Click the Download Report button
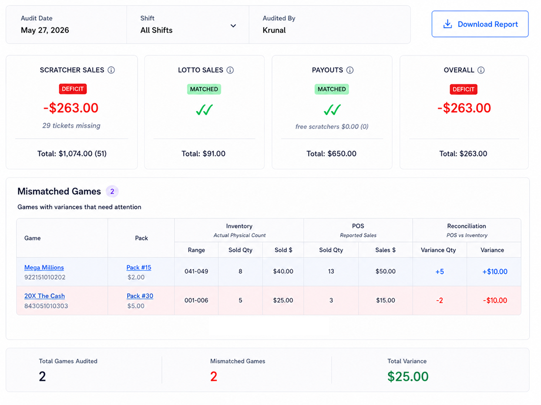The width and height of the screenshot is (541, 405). point(480,24)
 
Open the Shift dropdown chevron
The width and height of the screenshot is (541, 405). point(233,26)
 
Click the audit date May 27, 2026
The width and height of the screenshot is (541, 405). point(45,30)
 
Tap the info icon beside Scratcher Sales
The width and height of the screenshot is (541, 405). point(111,70)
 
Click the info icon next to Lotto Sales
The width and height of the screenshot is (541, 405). point(230,70)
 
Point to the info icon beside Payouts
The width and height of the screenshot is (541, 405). point(350,70)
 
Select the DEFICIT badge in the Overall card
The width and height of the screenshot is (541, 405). point(464,89)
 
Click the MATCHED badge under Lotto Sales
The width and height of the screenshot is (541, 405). point(204,89)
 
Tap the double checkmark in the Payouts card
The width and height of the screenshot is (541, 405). point(332,110)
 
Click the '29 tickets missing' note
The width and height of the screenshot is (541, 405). point(71,126)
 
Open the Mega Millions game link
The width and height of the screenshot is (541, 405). point(44,267)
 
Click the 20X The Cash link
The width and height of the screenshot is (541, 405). point(44,296)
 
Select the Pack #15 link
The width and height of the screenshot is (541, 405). point(139,267)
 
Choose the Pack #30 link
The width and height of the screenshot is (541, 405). point(140,296)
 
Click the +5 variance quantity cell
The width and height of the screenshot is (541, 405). point(440,272)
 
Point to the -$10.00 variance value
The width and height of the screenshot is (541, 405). point(495,300)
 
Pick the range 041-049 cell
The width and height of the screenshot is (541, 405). point(196,272)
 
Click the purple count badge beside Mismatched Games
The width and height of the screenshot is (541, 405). point(112,191)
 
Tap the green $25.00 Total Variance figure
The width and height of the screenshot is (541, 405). point(408,376)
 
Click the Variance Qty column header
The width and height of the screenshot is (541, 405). point(438,250)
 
